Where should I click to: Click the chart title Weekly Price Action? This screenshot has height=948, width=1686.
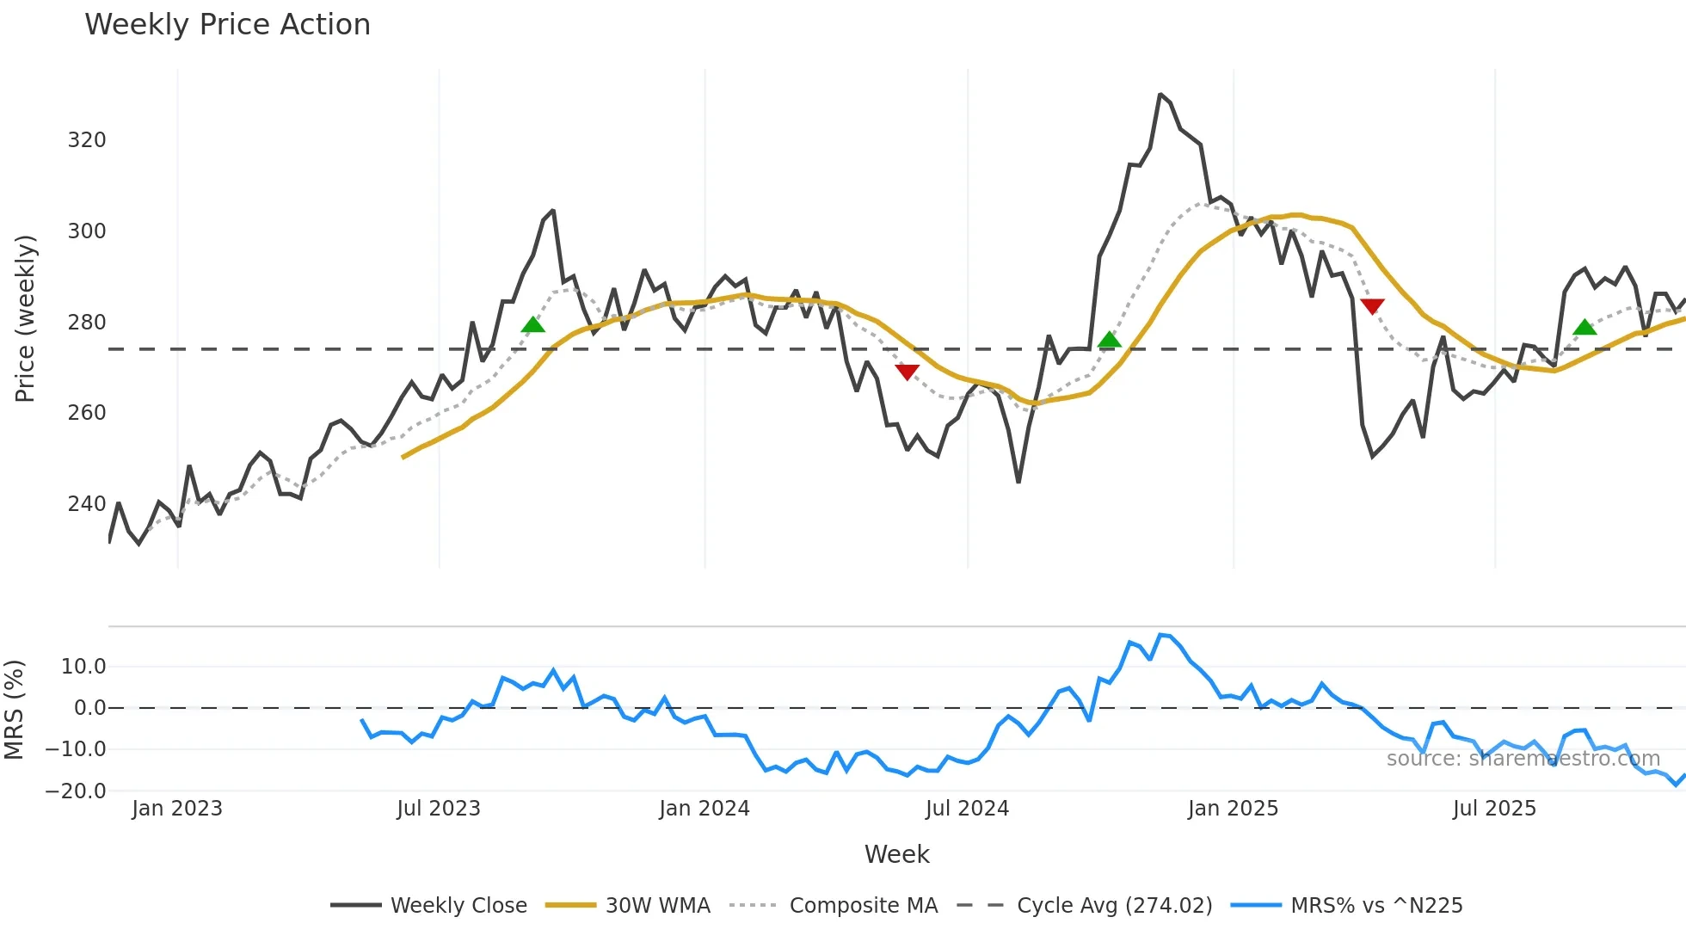227,25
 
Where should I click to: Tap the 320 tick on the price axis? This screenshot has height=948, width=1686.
87,140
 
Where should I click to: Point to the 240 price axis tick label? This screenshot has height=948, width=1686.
87,503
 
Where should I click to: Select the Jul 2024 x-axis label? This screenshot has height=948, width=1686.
967,809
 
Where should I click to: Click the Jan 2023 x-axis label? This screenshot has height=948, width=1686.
177,809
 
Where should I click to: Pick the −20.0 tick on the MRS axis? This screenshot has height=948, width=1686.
76,791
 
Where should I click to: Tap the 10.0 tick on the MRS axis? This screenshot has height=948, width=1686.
83,667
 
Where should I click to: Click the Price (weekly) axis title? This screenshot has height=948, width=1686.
25,318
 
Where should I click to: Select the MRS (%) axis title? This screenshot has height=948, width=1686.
15,710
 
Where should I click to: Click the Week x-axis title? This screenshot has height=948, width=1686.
896,854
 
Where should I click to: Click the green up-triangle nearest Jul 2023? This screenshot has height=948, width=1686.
533,324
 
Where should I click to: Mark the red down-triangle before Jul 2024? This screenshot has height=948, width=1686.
907,372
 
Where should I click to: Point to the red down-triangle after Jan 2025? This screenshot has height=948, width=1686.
1372,306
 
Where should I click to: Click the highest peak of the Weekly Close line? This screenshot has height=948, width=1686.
1160,95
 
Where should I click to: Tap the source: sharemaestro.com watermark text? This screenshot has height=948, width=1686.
1523,759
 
